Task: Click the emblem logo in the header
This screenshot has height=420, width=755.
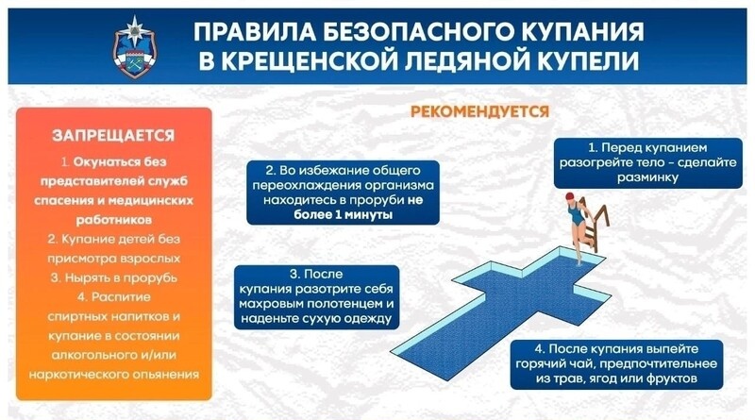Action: [134, 47]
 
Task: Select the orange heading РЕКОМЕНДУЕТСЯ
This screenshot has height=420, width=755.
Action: [479, 111]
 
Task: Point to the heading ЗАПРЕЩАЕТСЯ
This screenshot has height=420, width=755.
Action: [113, 135]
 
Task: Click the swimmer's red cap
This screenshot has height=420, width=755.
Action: [570, 196]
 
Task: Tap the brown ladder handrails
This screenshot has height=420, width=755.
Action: [596, 227]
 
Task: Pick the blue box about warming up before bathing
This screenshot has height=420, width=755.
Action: [647, 162]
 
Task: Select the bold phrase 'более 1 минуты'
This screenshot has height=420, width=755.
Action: [343, 214]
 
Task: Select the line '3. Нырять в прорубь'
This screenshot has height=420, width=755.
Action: [113, 277]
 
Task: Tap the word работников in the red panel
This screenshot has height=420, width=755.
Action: [113, 220]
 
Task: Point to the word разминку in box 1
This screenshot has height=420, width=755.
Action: [647, 177]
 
